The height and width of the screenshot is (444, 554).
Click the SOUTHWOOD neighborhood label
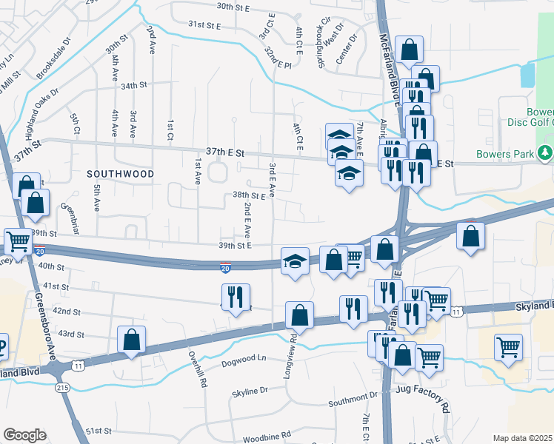point(120,174)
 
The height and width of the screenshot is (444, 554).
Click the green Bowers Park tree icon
point(546,153)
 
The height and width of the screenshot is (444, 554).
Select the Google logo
point(24,435)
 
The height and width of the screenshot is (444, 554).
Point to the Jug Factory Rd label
point(423,408)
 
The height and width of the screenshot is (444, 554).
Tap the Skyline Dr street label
point(250,391)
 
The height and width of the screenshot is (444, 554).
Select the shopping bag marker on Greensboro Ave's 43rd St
point(131,340)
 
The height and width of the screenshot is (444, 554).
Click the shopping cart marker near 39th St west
point(18,240)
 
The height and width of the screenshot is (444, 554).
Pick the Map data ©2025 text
point(521,438)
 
